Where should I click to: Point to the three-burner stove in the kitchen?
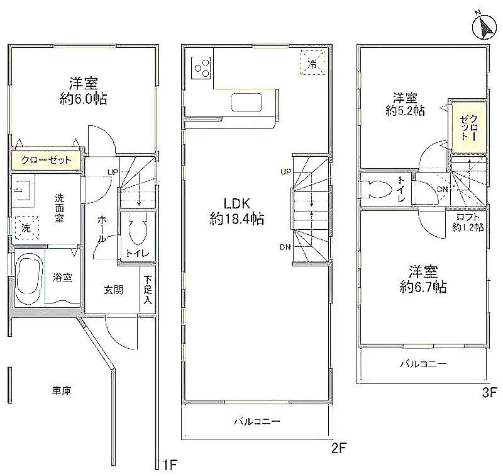coord(201,68)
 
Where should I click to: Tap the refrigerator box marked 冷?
coord(312,63)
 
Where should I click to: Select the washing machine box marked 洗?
coord(26,228)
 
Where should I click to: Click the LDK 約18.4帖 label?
coord(237,211)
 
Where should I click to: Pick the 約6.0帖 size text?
coord(83,99)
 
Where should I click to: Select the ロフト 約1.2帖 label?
coord(468,222)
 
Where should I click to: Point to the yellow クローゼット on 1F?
coord(46,160)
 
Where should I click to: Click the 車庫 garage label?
coord(61,391)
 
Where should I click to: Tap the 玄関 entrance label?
coord(113,290)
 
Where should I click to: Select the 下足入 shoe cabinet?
coord(148,290)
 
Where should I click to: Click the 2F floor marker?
coord(339,448)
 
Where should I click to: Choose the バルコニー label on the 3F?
coord(423,364)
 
